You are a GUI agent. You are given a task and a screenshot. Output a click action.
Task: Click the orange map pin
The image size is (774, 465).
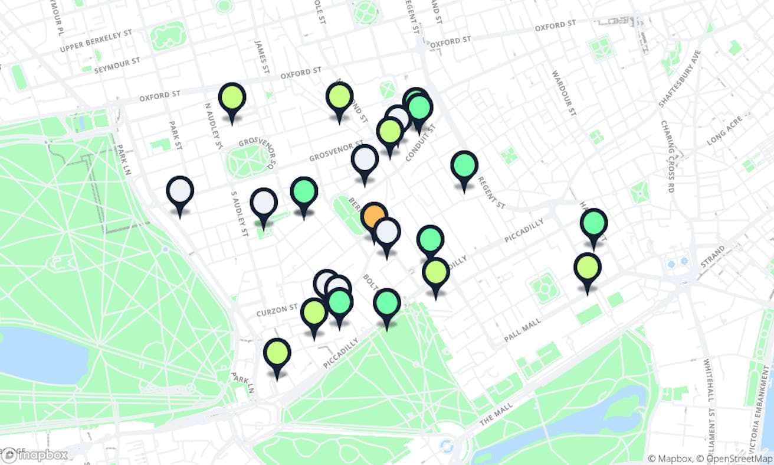[374, 216]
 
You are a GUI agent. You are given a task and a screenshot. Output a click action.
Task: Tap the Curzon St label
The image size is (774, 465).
[277, 309]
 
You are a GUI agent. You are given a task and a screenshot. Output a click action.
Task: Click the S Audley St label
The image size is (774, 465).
[238, 213]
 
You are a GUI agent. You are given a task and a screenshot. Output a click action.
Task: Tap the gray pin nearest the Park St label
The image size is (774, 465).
[180, 191]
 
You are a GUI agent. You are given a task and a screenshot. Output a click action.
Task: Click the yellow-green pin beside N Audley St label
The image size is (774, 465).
[232, 98]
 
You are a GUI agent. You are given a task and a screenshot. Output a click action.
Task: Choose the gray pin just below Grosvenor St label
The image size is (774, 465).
[365, 160]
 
